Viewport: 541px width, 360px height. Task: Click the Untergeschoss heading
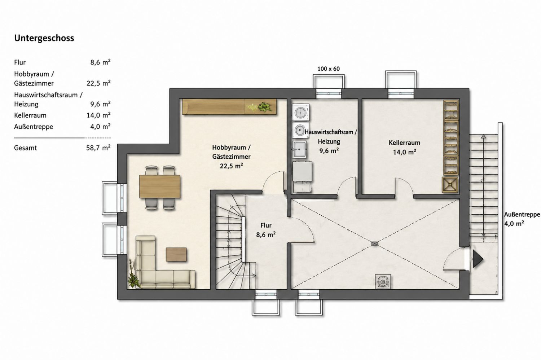coord(44,38)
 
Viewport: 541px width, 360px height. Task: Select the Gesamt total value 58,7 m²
coord(98,148)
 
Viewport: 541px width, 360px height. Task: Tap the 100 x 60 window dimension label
coord(329,69)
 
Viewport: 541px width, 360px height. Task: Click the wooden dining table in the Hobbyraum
coord(160,186)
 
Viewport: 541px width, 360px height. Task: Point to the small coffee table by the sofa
coord(176,254)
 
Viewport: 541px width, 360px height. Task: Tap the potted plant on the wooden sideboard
coord(265,107)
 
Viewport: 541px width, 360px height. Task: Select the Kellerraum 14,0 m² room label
coord(404,147)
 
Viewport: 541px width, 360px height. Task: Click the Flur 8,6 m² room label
coord(266,230)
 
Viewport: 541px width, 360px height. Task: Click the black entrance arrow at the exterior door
coord(478,259)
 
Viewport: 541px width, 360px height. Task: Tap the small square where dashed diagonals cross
coord(374,244)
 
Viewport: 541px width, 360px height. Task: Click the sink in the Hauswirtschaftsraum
coord(299,149)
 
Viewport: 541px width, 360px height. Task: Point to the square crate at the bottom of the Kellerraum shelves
coord(450,185)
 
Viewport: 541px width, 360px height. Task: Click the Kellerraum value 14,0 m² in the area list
coord(98,115)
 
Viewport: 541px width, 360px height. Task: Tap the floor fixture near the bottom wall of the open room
coord(383,281)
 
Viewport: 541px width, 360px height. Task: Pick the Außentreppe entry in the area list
coord(34,127)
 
